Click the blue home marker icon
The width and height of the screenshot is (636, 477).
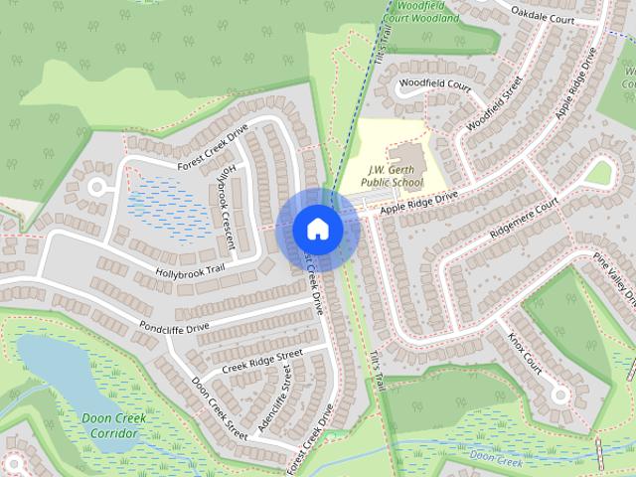click(318, 228)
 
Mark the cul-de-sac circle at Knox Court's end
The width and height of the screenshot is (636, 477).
click(560, 395)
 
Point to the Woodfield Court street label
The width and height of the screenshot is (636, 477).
click(434, 84)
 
